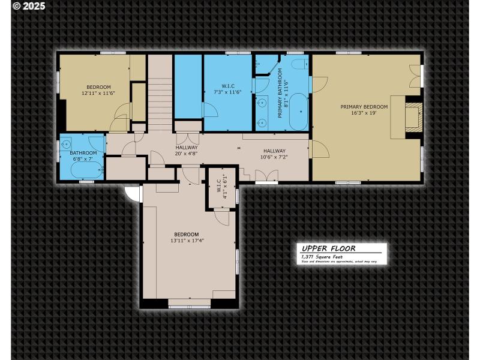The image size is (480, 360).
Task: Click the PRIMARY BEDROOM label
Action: click(x=364, y=107)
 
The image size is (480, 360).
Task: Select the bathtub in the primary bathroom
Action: click(x=298, y=112)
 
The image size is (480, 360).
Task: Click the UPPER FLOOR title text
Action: click(x=329, y=248)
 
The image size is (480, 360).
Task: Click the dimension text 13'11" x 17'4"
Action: click(x=187, y=241)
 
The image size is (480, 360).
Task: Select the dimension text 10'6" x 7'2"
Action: click(x=274, y=157)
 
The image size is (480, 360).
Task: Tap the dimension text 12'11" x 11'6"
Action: click(x=98, y=94)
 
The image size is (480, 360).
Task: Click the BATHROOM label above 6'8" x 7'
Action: click(x=83, y=153)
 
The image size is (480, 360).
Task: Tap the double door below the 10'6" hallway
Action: click(x=266, y=176)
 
